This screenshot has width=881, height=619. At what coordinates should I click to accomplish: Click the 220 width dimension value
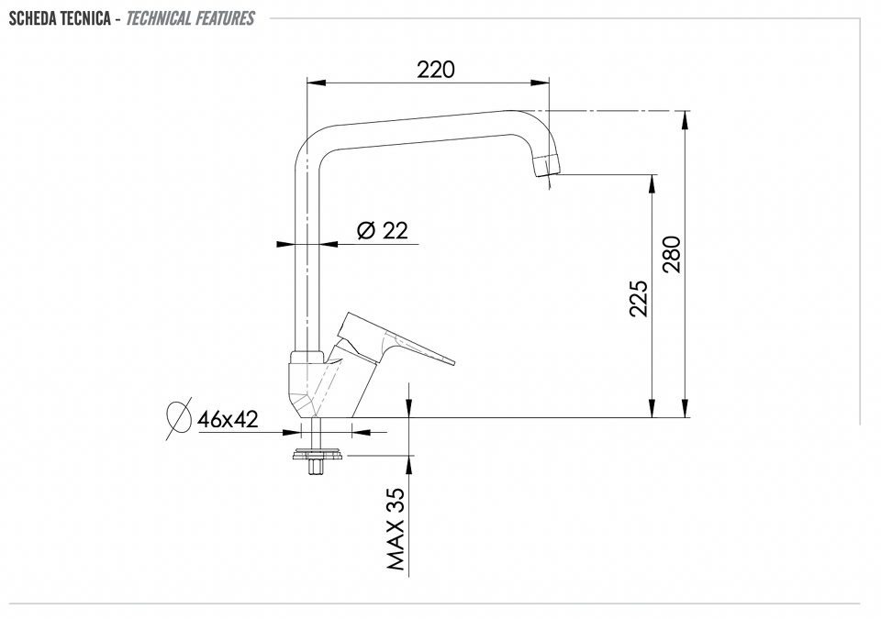click(436, 70)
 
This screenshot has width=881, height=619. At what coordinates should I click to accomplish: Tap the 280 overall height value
click(672, 254)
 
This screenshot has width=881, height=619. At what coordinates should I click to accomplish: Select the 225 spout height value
click(639, 298)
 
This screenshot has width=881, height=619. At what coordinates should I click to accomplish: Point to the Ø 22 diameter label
click(383, 230)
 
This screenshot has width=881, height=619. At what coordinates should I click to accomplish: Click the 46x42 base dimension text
click(228, 419)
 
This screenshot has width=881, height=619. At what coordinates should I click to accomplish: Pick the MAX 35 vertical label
click(396, 529)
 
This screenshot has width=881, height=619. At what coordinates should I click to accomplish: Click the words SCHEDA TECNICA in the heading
click(61, 18)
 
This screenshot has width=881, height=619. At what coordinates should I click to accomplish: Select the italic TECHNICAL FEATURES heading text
click(191, 18)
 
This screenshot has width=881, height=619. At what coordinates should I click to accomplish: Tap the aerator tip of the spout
click(547, 164)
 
